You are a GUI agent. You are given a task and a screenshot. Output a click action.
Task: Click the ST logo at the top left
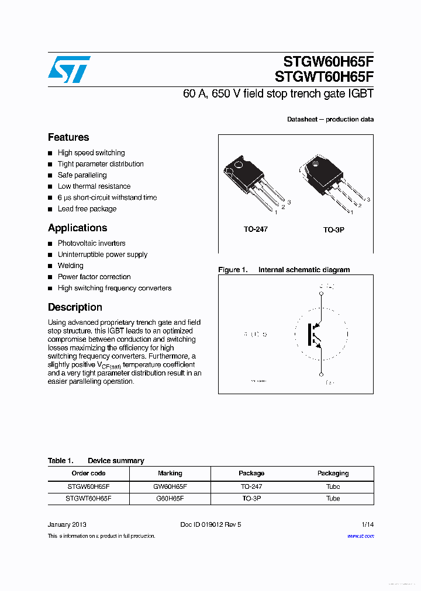[69, 69]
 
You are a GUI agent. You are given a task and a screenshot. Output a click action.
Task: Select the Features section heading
[68, 137]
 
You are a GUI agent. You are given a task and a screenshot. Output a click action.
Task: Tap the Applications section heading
[77, 228]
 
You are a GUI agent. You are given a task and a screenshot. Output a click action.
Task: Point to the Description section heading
[75, 307]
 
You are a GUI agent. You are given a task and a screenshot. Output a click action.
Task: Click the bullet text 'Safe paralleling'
[82, 175]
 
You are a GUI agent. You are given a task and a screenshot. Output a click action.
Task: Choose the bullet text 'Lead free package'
[87, 209]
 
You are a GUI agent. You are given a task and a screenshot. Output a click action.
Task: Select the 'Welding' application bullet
[70, 266]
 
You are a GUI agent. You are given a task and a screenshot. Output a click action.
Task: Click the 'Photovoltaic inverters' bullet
[91, 244]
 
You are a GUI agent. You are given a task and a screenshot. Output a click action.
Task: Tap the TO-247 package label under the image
[256, 230]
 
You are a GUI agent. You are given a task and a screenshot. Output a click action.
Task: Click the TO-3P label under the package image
[334, 230]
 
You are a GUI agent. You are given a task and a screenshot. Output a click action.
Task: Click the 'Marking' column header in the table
[170, 473]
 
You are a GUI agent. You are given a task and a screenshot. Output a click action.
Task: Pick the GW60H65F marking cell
[170, 486]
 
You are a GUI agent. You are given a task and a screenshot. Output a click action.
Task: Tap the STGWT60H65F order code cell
[88, 499]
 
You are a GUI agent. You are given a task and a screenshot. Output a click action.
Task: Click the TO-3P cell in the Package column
[251, 499]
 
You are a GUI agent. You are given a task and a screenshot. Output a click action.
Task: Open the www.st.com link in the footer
[360, 536]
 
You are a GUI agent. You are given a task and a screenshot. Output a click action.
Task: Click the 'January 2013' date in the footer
[67, 524]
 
